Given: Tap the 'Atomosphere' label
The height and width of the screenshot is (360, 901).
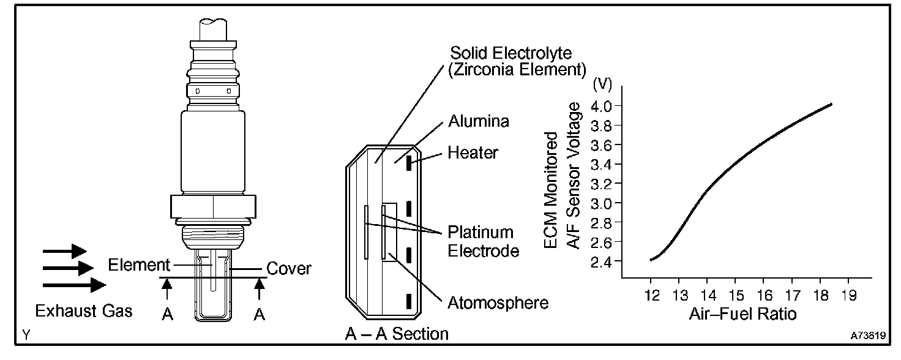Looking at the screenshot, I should pyautogui.click(x=497, y=302).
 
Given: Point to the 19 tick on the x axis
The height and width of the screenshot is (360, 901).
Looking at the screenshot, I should pyautogui.click(x=848, y=295).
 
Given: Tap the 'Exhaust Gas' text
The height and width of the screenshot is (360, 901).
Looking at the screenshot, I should pyautogui.click(x=83, y=312).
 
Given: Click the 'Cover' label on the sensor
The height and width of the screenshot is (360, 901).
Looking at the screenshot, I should pyautogui.click(x=290, y=268).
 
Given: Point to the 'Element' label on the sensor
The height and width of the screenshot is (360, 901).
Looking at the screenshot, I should pyautogui.click(x=138, y=265).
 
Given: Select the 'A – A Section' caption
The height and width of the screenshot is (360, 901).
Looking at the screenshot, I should pyautogui.click(x=396, y=334).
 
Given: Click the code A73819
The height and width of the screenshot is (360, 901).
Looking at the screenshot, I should pyautogui.click(x=867, y=336).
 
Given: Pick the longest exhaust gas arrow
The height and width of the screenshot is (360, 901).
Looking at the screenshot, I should pyautogui.click(x=75, y=285).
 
